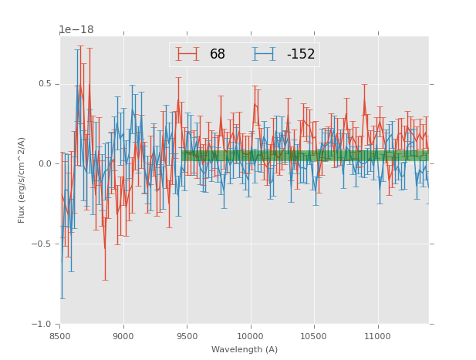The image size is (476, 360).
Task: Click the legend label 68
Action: [218, 55]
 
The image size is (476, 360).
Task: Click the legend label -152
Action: [301, 55]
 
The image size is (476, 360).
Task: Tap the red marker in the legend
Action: [187, 55]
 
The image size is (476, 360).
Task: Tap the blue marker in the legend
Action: [265, 55]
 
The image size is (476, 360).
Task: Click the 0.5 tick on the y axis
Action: [45, 84]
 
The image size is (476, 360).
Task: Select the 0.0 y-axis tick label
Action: [45, 164]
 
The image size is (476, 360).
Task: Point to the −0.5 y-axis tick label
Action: [42, 244]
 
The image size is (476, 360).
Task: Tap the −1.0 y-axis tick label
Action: [42, 325]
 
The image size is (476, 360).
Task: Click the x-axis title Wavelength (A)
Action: [245, 350]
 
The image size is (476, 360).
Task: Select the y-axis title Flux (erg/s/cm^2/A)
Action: [22, 180]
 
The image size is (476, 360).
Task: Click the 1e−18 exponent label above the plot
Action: [76, 30]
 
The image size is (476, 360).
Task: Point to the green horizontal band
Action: [309, 156]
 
